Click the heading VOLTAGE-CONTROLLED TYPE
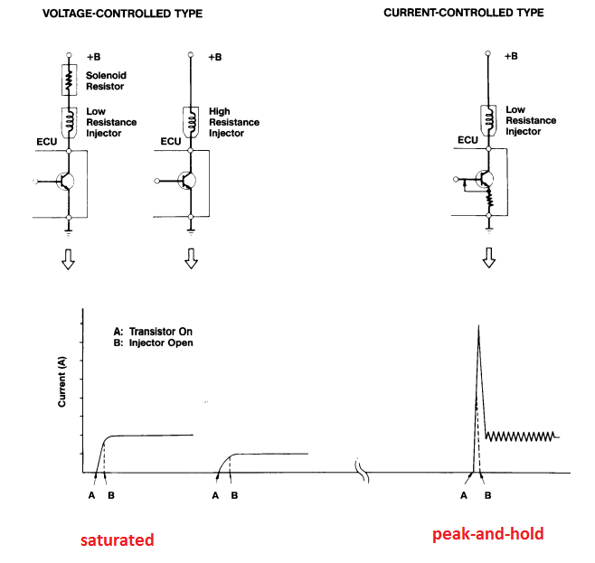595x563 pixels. point(122,14)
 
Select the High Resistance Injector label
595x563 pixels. point(233,122)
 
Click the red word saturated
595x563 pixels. point(117,540)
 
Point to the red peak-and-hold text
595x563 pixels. point(488,534)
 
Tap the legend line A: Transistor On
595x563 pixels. point(147,331)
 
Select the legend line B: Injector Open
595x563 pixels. point(147,342)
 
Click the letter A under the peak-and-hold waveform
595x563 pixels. point(464,495)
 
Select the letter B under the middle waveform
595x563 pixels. point(234,494)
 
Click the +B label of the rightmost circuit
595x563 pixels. point(513,56)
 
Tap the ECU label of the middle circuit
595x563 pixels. point(170,141)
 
